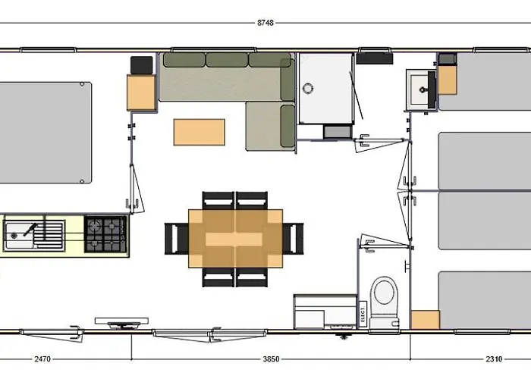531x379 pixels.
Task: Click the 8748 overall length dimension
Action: coord(265,23)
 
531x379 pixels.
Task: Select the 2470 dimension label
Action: coord(42,359)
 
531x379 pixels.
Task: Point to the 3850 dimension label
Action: coord(271,359)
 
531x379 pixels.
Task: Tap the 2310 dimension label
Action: coord(494,359)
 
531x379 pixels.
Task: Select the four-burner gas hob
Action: coord(105,234)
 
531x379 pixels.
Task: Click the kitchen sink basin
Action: coord(17,235)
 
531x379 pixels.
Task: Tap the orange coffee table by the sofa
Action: coord(199,132)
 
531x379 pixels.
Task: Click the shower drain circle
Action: coord(307,89)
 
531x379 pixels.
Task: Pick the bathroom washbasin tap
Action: coord(423,89)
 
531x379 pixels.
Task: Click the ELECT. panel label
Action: coord(363,314)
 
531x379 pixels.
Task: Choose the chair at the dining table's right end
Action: coord(294,239)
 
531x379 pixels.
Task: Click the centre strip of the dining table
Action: coord(234,240)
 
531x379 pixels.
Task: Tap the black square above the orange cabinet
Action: coord(142,65)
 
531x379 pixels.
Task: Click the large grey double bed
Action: coord(46,133)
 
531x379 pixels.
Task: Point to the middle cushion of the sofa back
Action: coord(227,60)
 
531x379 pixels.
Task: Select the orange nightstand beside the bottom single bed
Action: coord(426,320)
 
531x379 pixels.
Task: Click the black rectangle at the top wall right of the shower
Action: coord(375,58)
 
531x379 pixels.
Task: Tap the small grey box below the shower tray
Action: coord(338,132)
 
